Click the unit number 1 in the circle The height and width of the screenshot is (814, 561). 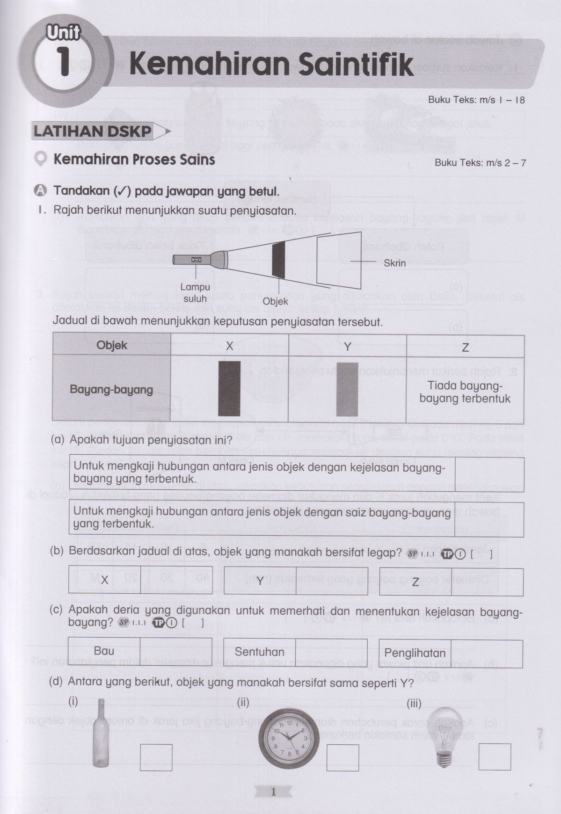[x=64, y=63]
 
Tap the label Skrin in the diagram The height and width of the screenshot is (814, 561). [x=394, y=263]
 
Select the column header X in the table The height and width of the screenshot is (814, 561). [x=230, y=346]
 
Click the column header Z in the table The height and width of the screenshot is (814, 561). [x=465, y=347]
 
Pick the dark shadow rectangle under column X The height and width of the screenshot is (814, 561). [x=229, y=388]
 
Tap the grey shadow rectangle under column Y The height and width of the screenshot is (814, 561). [x=347, y=389]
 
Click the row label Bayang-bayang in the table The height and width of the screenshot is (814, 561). [x=111, y=390]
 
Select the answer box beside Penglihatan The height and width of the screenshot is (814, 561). [x=487, y=653]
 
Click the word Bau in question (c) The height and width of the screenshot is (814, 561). [x=104, y=651]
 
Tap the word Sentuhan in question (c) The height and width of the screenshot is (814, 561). [x=260, y=652]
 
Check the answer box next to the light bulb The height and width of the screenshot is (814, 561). [x=495, y=756]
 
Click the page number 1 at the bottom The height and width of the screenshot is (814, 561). [x=274, y=792]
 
